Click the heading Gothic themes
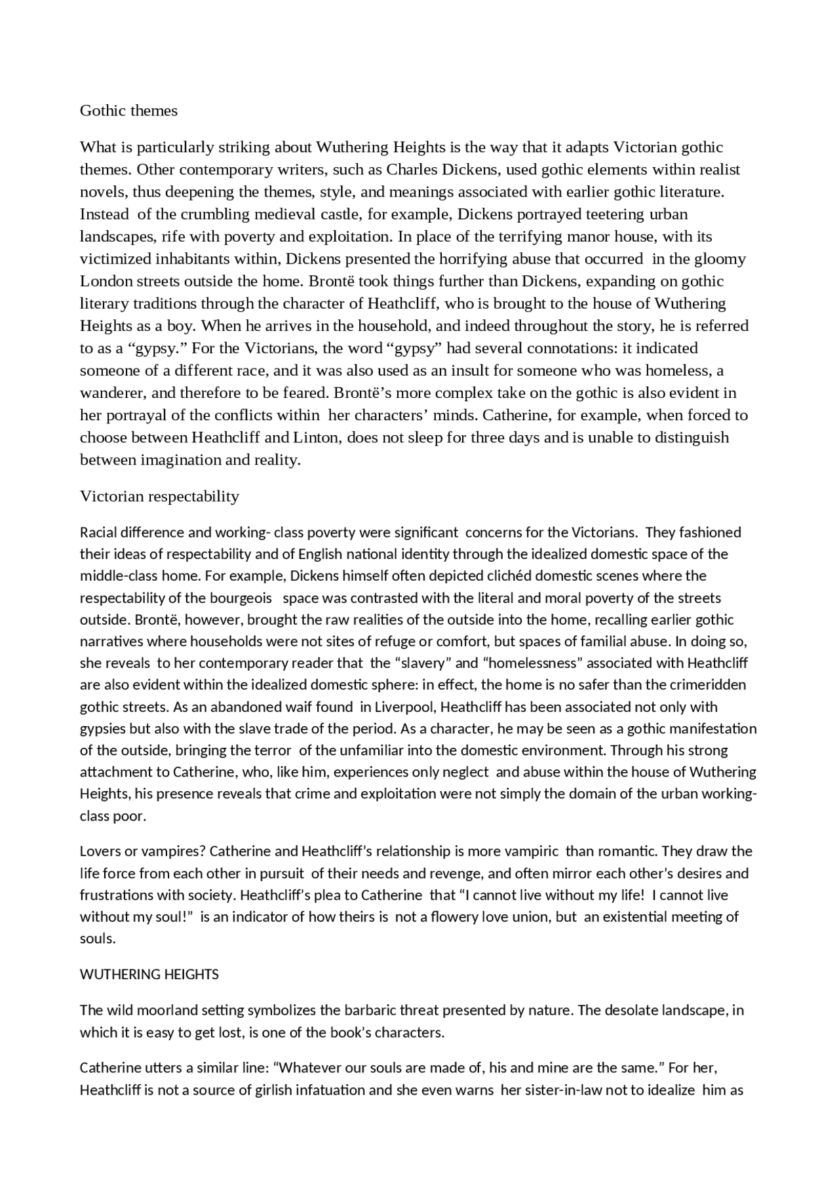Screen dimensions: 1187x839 [x=128, y=111]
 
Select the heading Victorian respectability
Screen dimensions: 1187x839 [x=159, y=496]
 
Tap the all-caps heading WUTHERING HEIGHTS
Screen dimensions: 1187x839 [x=149, y=975]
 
